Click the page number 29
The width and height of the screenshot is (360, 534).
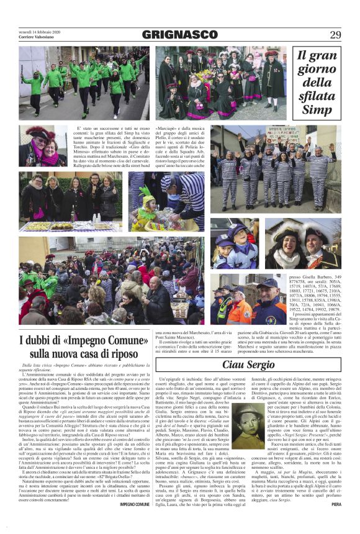335,35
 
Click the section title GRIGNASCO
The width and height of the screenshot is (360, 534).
179,35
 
